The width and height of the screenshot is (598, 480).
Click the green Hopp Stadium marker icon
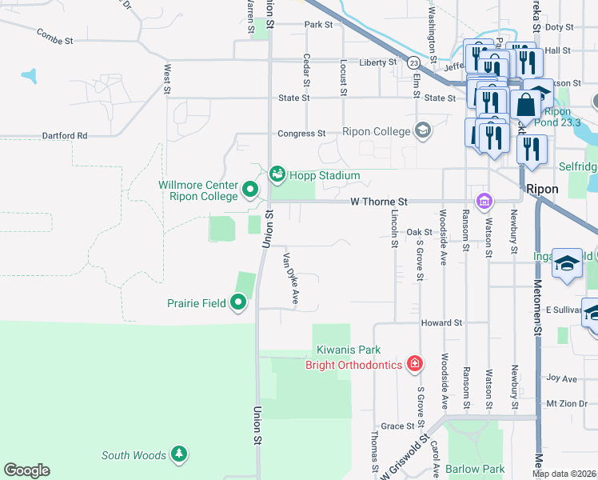(x=277, y=174)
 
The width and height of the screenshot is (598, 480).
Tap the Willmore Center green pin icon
(x=249, y=190)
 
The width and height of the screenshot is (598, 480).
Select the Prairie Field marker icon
(x=238, y=303)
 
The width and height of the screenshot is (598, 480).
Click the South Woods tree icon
(x=179, y=455)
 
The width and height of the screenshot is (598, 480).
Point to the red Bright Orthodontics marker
(x=414, y=365)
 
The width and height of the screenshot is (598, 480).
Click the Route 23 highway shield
(x=413, y=62)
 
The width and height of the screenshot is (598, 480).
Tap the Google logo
(x=26, y=470)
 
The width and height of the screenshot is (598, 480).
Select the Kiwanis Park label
(x=347, y=350)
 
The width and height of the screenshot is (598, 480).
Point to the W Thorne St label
(x=380, y=202)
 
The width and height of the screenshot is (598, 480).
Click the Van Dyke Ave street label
(x=290, y=278)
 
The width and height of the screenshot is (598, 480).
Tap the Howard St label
(x=442, y=322)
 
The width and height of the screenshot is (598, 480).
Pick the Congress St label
(x=301, y=134)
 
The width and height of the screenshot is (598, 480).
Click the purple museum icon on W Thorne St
(x=483, y=200)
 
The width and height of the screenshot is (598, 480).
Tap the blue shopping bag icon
(x=528, y=105)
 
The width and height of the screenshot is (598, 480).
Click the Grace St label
(x=397, y=426)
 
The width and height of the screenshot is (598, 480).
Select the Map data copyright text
(x=564, y=474)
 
